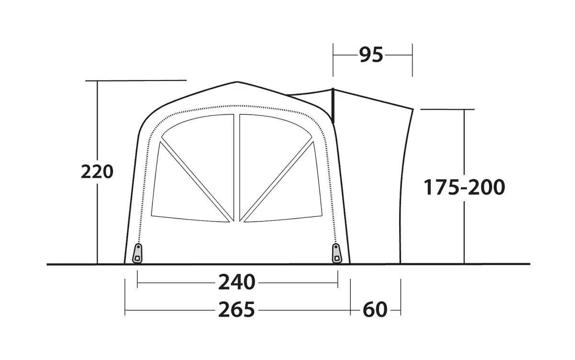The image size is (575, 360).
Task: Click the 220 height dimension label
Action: (x=97, y=172)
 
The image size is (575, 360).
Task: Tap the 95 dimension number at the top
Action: (x=371, y=55)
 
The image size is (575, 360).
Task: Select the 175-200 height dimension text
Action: (x=464, y=187)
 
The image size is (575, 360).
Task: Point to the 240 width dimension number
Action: (x=237, y=282)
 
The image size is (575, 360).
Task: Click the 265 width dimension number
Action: (x=236, y=310)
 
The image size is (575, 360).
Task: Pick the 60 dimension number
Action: (x=375, y=310)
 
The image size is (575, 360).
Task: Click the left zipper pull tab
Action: (x=138, y=254)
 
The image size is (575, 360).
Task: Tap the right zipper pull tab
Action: (x=336, y=254)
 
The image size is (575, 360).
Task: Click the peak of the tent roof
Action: (x=237, y=82)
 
